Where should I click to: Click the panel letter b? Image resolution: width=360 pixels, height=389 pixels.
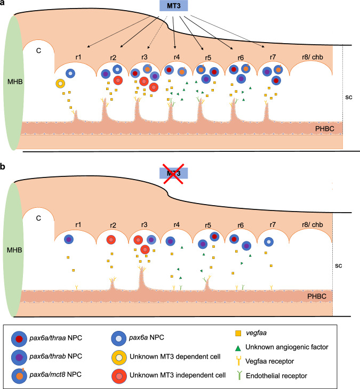click(x=4, y=167)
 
